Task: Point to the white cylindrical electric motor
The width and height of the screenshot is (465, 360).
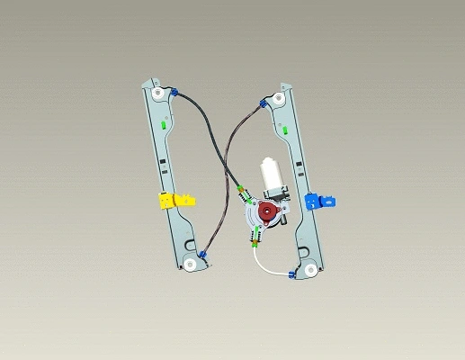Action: point(271,175)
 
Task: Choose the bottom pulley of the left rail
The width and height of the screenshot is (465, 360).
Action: point(191,265)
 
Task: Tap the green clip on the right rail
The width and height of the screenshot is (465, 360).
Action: point(284,132)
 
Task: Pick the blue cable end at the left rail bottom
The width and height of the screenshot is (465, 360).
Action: point(204,255)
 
